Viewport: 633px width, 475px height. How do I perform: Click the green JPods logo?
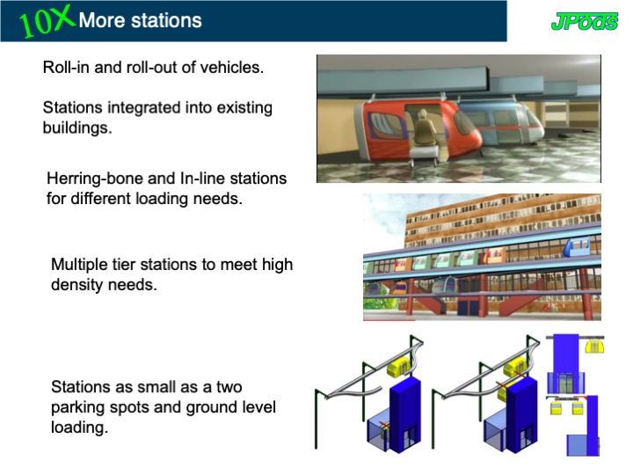point(585,21)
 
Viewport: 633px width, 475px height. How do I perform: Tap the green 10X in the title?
point(46,22)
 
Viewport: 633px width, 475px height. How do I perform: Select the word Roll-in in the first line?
point(66,67)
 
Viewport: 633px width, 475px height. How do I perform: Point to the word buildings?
point(77,128)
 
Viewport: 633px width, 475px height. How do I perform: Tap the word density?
point(77,285)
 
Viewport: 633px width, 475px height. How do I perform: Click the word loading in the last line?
point(79,427)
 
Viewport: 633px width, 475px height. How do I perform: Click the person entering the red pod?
point(424,129)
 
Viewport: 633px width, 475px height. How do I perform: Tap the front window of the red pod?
point(463,121)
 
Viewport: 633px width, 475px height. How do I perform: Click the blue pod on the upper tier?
point(577,245)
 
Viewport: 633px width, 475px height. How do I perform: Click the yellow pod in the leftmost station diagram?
point(399,367)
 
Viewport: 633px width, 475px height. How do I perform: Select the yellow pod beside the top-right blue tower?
point(594,346)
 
